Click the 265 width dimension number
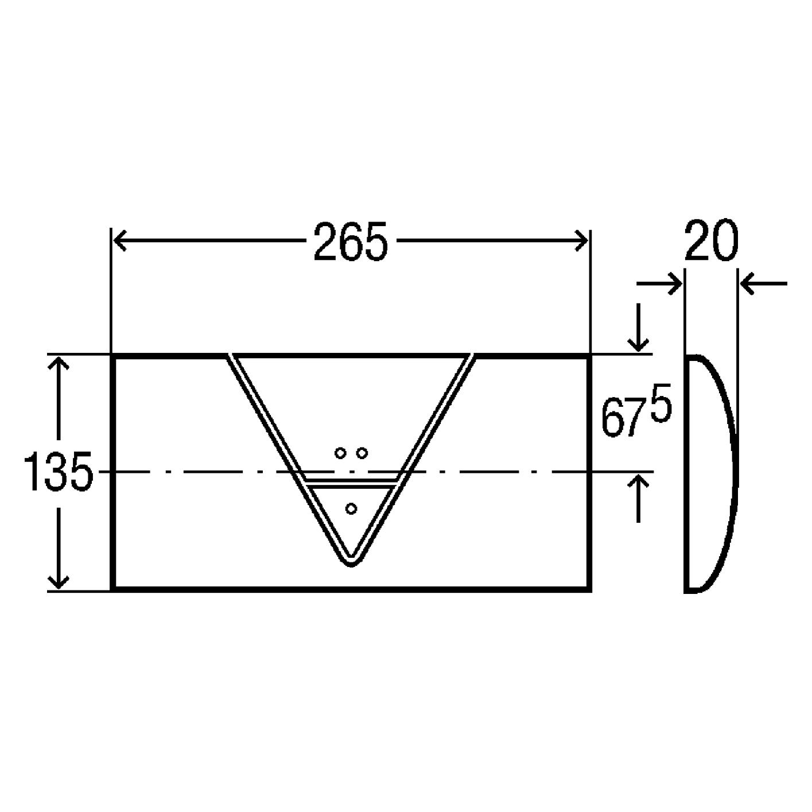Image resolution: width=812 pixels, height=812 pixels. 350,242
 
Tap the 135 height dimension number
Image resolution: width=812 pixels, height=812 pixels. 58,471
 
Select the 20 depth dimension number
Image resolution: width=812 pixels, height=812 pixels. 712,240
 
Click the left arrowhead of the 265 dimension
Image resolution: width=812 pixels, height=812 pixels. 120,241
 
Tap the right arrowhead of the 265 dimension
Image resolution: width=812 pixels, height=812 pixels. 581,241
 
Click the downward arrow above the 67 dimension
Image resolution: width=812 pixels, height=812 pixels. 639,328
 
